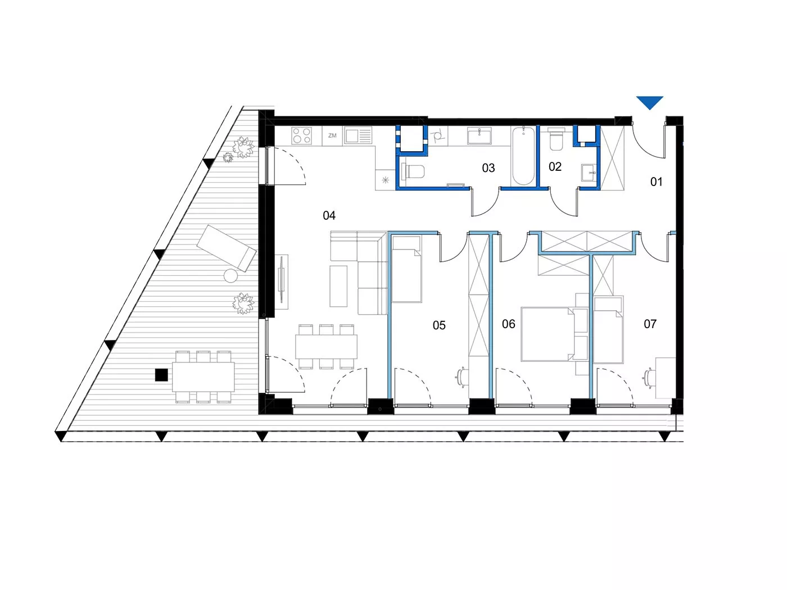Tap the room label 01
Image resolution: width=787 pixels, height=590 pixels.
(656, 182)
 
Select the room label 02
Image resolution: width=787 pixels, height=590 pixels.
(555, 166)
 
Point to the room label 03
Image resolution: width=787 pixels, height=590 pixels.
(489, 168)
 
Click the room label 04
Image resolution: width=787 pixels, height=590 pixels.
(329, 215)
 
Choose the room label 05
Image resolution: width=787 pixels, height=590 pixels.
(439, 325)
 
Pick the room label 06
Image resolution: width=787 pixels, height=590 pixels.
(508, 324)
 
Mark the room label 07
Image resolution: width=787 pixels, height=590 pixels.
(650, 324)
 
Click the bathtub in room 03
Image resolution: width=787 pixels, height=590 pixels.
(523, 156)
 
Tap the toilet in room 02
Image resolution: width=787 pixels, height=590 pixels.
(556, 140)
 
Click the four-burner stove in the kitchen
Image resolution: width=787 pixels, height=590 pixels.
(301, 136)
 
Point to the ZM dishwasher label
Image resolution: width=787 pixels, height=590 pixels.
(332, 136)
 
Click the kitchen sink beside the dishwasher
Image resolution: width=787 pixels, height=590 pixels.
(358, 136)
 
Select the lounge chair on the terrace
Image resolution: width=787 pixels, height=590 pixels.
(227, 248)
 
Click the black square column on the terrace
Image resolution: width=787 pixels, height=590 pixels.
(161, 375)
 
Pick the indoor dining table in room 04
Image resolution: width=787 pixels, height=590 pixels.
(326, 347)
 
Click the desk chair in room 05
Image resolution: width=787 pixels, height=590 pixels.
(462, 377)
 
